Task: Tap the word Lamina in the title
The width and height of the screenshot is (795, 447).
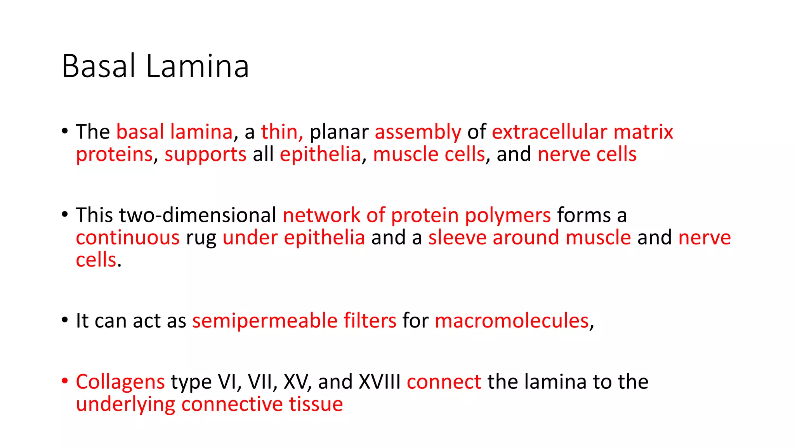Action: point(198,66)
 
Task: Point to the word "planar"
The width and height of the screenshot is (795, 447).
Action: point(339,133)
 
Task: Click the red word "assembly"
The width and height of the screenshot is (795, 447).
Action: point(418,133)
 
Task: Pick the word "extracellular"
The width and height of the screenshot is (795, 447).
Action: point(549,132)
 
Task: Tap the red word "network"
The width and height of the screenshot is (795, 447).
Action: point(321,215)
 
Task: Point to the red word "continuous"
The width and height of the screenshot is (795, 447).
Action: point(128,237)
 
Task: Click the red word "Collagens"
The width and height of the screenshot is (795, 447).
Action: point(120,382)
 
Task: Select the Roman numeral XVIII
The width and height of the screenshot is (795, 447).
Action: point(380,382)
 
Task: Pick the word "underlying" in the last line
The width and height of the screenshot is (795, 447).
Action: point(125,405)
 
